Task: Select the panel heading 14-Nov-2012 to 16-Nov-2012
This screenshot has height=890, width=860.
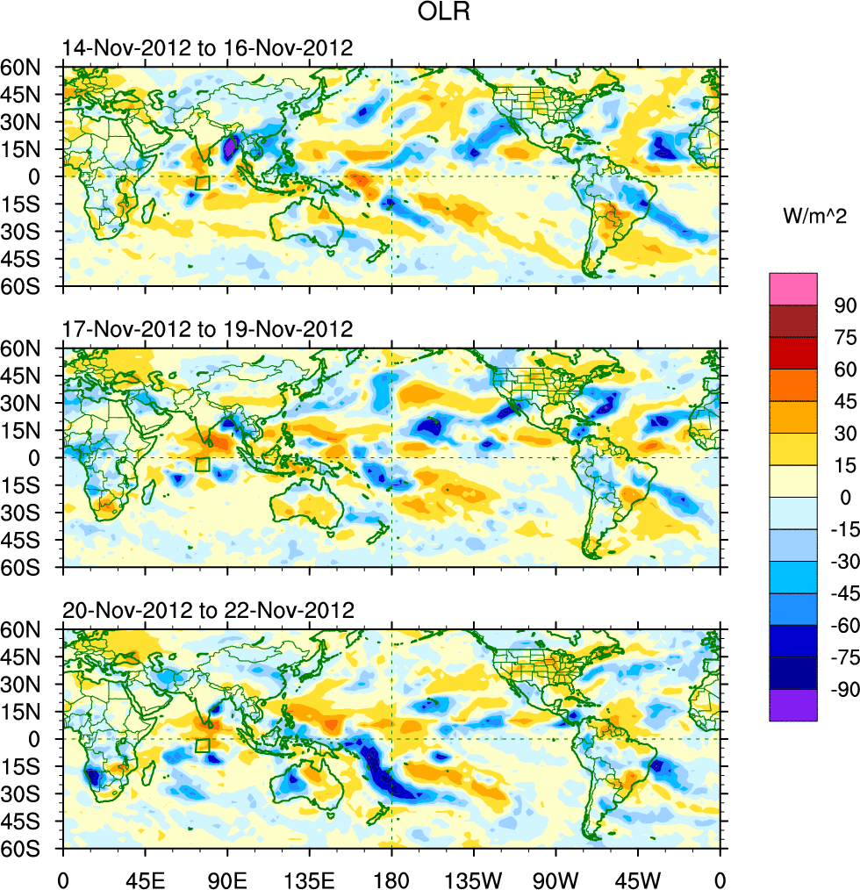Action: point(207,48)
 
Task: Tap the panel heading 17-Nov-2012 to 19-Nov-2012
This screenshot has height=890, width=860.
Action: point(207,330)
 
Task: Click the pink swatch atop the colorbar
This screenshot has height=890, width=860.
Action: point(793,289)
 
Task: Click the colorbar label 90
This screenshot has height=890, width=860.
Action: point(845,306)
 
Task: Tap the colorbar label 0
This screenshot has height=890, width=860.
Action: point(846,499)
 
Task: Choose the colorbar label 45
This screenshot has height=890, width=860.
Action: point(845,402)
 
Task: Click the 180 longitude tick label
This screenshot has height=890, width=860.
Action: point(391,878)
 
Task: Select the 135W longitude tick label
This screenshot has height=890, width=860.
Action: point(474,878)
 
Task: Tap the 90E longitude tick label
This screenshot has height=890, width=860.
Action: point(227,878)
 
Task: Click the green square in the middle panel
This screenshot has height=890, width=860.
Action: point(203,464)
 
